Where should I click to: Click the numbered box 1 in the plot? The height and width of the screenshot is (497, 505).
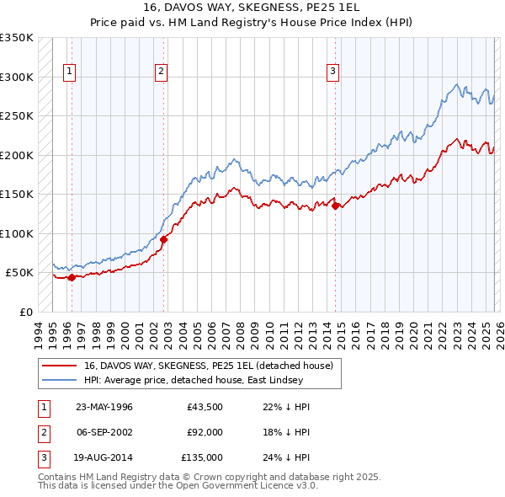(x=68, y=72)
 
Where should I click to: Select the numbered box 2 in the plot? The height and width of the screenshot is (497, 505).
(x=160, y=72)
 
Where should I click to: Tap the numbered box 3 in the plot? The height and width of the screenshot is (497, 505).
(x=332, y=72)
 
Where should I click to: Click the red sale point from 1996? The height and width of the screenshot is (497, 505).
(x=72, y=277)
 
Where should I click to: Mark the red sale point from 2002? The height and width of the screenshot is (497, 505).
(x=164, y=239)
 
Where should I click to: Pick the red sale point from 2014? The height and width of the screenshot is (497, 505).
(x=335, y=206)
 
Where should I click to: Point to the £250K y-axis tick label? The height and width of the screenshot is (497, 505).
(x=17, y=115)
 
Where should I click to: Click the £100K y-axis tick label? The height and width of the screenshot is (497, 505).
(x=17, y=233)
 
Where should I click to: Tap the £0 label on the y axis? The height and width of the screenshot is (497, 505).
(x=25, y=312)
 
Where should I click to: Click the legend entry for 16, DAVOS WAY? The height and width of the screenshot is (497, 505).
(x=209, y=366)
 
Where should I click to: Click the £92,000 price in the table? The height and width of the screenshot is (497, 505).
(x=205, y=432)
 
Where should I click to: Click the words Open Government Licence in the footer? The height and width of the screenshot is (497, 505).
(x=244, y=486)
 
